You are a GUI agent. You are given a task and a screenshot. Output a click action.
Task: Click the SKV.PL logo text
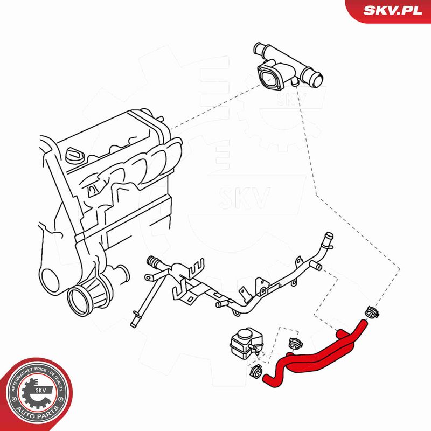coord(393,10)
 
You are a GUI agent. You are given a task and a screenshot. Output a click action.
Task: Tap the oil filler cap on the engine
coord(74,155)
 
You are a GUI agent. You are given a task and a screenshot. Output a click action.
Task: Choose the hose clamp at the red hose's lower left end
coord(256,372)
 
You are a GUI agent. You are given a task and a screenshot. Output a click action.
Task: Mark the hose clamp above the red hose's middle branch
coord(295,343)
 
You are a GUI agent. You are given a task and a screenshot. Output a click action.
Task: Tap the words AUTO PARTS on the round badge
coord(37,413)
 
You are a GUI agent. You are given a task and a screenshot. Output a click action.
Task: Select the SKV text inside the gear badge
coord(40,390)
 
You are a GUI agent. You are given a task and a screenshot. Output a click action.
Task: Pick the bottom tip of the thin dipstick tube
coord(133,325)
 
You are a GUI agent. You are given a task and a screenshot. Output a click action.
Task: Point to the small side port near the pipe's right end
coord(316,266)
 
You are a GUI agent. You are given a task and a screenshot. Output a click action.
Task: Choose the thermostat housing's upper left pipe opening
coord(258,47)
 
